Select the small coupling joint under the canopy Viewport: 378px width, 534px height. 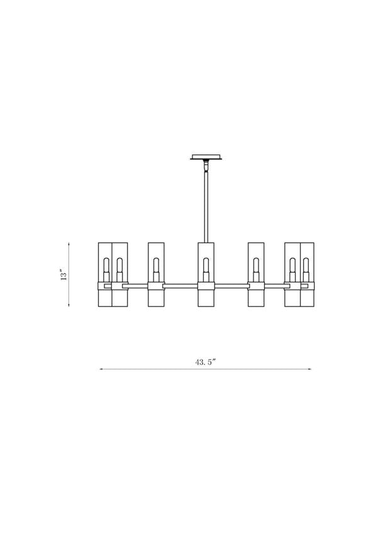pos(205,167)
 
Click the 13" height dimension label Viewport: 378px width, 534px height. pos(63,275)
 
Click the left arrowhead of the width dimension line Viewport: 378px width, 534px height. pos(101,369)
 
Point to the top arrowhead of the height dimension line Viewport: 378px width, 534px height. pos(69,244)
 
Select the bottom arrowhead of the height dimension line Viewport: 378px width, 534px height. pos(69,306)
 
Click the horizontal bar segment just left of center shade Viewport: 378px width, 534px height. pos(181,286)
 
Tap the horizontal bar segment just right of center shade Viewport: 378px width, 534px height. pos(231,286)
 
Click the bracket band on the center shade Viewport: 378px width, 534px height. pos(206,286)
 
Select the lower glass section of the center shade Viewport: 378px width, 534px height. pos(206,299)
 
